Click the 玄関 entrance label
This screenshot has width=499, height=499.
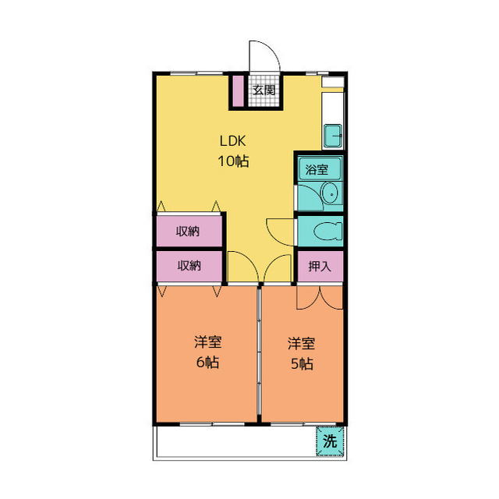264,90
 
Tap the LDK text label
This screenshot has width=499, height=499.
233,141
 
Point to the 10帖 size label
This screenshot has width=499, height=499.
233,161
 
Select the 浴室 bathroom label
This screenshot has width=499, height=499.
317,169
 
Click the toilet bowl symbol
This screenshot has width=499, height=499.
327,231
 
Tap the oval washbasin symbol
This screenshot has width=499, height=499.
331,193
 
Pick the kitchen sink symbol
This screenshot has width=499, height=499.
333,136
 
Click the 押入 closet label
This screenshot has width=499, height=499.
320,266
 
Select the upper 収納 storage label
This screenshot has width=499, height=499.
188,232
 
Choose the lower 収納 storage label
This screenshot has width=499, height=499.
189,265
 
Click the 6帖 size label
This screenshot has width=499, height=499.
207,362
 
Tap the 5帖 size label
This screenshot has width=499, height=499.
302,364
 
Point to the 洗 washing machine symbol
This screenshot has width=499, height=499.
330,441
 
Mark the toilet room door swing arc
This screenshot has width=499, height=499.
274,237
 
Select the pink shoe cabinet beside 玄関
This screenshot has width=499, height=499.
239,91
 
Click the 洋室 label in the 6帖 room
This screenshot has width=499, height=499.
208,342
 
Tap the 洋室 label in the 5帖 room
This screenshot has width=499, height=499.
302,344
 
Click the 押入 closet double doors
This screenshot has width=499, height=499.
320,298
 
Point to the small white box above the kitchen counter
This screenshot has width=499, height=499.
333,82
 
